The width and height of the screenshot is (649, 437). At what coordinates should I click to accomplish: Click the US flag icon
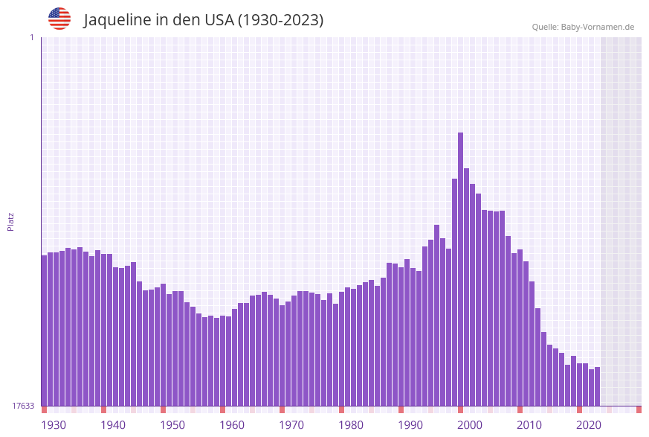pyautogui.click(x=59, y=19)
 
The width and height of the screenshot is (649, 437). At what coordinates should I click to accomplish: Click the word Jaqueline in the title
pyautogui.click(x=117, y=20)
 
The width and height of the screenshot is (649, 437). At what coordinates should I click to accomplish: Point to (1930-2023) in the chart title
pyautogui.click(x=280, y=20)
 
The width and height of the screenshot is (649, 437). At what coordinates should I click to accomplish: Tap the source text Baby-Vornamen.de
pyautogui.click(x=597, y=27)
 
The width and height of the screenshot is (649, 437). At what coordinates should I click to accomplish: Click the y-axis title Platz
pyautogui.click(x=11, y=221)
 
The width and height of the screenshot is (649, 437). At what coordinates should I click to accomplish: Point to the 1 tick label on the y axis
pyautogui.click(x=31, y=37)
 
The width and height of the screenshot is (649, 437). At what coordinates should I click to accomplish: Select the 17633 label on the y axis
pyautogui.click(x=24, y=406)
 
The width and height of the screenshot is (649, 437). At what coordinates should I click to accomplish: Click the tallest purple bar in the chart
pyautogui.click(x=461, y=268)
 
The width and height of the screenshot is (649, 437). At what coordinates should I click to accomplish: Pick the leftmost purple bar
pyautogui.click(x=44, y=331)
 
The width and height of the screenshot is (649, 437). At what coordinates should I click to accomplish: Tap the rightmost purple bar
pyautogui.click(x=597, y=386)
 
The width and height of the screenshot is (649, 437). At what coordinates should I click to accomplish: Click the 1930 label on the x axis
pyautogui.click(x=54, y=425)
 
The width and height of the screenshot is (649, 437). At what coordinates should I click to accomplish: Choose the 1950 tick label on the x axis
pyautogui.click(x=172, y=425)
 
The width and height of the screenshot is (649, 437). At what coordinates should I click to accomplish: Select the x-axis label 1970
pyautogui.click(x=291, y=425)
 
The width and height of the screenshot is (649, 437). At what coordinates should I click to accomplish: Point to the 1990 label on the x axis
pyautogui.click(x=410, y=425)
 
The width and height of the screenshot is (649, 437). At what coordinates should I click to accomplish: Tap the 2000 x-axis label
pyautogui.click(x=470, y=425)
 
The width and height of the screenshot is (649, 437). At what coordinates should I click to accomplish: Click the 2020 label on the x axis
pyautogui.click(x=589, y=425)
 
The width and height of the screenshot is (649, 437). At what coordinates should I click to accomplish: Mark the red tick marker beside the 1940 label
pyautogui.click(x=103, y=409)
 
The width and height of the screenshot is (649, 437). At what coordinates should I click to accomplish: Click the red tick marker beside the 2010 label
pyautogui.click(x=520, y=409)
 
